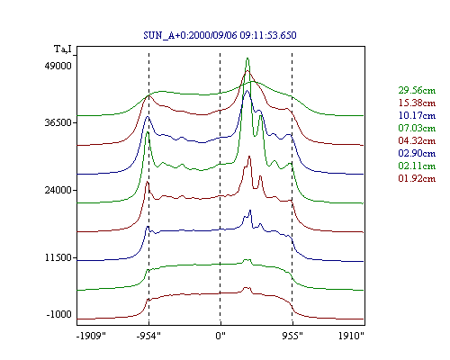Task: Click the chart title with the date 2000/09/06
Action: (x=220, y=35)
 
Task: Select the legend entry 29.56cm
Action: (x=417, y=90)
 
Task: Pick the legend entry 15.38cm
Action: (x=417, y=103)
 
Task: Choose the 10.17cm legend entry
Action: (x=417, y=115)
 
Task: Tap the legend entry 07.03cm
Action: (x=417, y=128)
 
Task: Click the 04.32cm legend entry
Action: (x=417, y=140)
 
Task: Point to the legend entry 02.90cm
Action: (x=417, y=153)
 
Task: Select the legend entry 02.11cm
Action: (x=417, y=166)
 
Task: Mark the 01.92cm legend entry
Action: (x=417, y=178)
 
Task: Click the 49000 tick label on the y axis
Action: (x=58, y=66)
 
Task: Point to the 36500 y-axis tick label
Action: (x=58, y=122)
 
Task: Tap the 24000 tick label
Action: (x=58, y=190)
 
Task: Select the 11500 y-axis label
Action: (x=58, y=257)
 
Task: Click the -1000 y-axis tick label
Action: (x=59, y=314)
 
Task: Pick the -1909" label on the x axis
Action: (x=92, y=336)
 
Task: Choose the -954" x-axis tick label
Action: (x=148, y=336)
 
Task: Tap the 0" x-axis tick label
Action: (x=220, y=336)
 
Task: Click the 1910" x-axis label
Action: (x=351, y=336)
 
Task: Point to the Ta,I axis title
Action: (x=63, y=49)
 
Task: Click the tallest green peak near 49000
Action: (x=247, y=58)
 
